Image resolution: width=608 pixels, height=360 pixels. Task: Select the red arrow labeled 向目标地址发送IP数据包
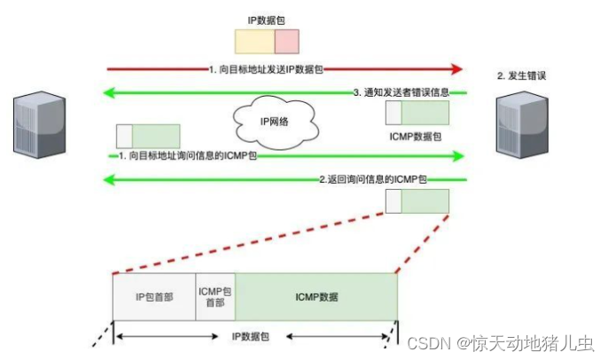tap(284, 68)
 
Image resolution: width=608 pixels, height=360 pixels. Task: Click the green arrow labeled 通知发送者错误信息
tap(284, 92)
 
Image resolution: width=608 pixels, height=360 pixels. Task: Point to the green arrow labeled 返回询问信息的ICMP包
tap(284, 180)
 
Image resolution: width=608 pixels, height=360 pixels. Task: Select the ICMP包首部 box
tap(215, 296)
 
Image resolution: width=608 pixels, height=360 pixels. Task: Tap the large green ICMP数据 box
tap(316, 296)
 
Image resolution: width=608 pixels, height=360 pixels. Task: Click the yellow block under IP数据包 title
tap(254, 42)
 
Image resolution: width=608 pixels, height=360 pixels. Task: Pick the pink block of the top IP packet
tap(286, 42)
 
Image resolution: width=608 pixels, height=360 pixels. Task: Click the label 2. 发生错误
tap(520, 76)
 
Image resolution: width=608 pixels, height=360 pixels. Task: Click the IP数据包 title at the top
tap(266, 18)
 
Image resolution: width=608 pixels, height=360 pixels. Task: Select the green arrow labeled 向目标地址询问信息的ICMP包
tap(284, 156)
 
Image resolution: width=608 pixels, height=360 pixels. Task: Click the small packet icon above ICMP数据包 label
tap(417, 113)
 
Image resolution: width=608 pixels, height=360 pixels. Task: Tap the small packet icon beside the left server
tap(148, 136)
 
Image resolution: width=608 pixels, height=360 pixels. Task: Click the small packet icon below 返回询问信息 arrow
tap(417, 201)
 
